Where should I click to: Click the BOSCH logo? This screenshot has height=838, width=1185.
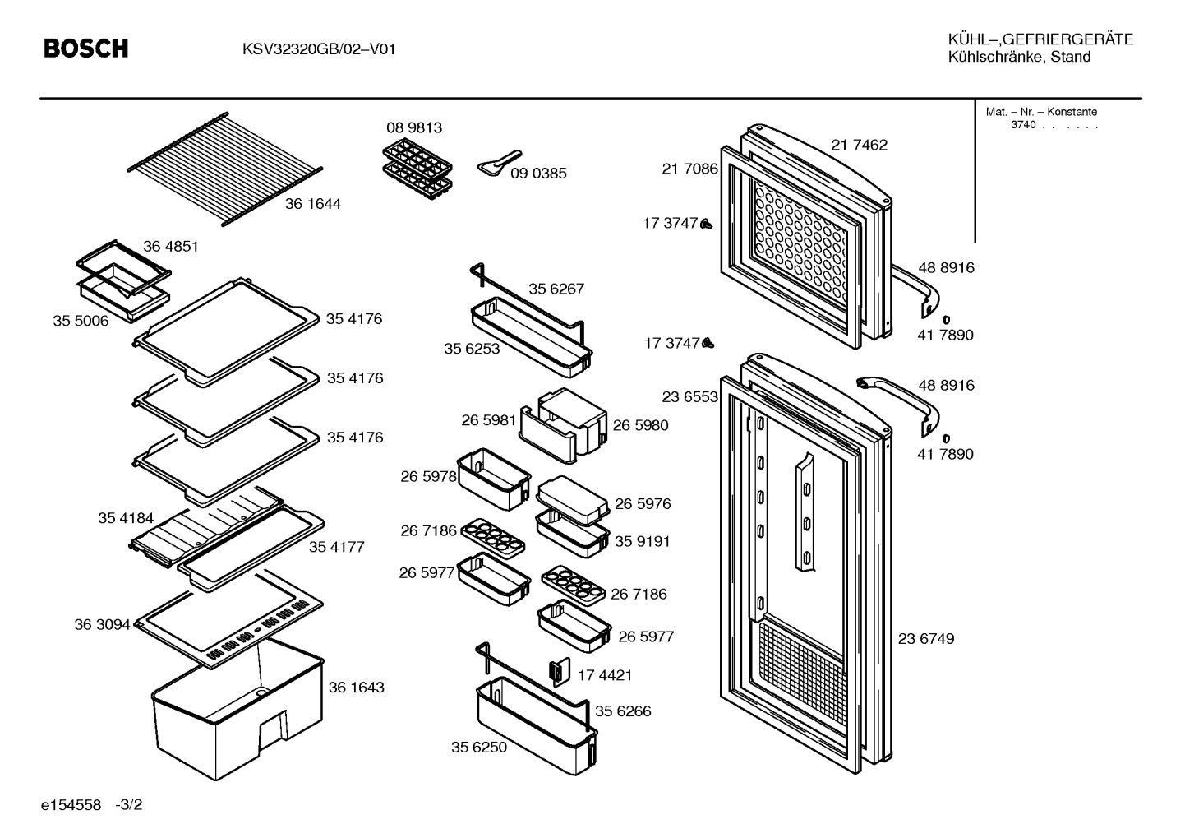pyautogui.click(x=85, y=49)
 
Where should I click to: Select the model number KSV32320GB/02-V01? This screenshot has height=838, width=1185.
pyautogui.click(x=319, y=49)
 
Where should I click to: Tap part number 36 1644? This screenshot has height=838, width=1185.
pyautogui.click(x=312, y=204)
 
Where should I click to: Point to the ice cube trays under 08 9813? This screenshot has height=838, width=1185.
pyautogui.click(x=417, y=169)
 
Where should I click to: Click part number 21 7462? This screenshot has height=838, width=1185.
pyautogui.click(x=859, y=145)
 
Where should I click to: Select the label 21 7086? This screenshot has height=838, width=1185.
pyautogui.click(x=689, y=169)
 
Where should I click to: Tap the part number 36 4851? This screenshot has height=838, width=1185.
pyautogui.click(x=170, y=246)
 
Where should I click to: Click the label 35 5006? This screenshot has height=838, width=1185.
pyautogui.click(x=81, y=321)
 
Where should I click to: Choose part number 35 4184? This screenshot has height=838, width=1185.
pyautogui.click(x=126, y=518)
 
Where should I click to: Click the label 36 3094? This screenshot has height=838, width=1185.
pyautogui.click(x=102, y=625)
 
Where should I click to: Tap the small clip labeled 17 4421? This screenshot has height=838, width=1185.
pyautogui.click(x=560, y=672)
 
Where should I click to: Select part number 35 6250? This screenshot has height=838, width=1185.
pyautogui.click(x=479, y=747)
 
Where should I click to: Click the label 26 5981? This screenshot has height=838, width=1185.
pyautogui.click(x=488, y=420)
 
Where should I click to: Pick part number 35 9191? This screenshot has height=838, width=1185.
pyautogui.click(x=643, y=541)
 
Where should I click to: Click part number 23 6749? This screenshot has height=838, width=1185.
pyautogui.click(x=926, y=639)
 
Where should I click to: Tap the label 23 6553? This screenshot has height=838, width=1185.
pyautogui.click(x=689, y=397)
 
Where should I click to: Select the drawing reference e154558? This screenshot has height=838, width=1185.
pyautogui.click(x=71, y=805)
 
